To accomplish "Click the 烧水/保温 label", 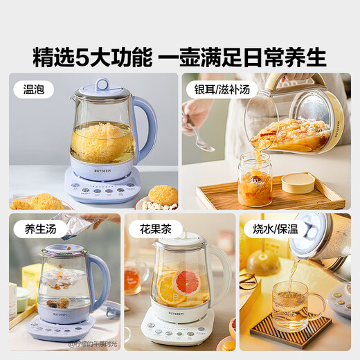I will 272,228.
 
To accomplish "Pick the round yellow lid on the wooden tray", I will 298,182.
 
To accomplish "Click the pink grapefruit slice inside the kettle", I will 188,280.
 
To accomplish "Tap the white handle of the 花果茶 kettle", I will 221,273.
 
